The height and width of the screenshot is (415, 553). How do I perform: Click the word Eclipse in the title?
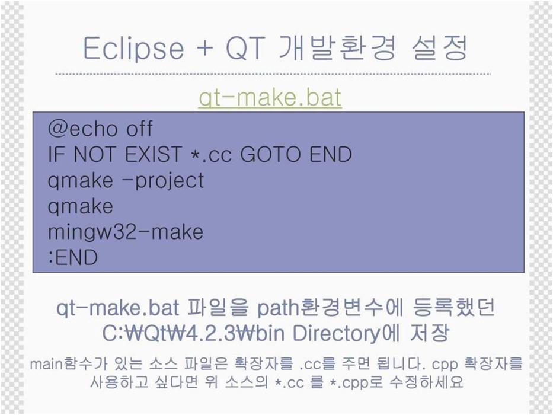click(x=133, y=49)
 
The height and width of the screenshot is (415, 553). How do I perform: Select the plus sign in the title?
click(x=204, y=49)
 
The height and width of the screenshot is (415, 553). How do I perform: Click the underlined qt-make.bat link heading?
click(x=270, y=97)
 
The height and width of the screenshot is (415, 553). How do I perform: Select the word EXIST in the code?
click(x=153, y=154)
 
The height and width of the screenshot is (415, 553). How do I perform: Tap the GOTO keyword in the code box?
click(x=270, y=154)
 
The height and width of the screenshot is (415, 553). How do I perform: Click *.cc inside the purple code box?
click(x=210, y=155)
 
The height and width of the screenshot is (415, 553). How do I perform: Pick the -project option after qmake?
click(x=164, y=181)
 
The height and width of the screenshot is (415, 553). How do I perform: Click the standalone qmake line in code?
click(x=81, y=206)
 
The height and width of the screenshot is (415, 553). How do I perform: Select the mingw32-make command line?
click(x=126, y=232)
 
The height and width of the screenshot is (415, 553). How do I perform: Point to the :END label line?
click(x=73, y=257)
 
